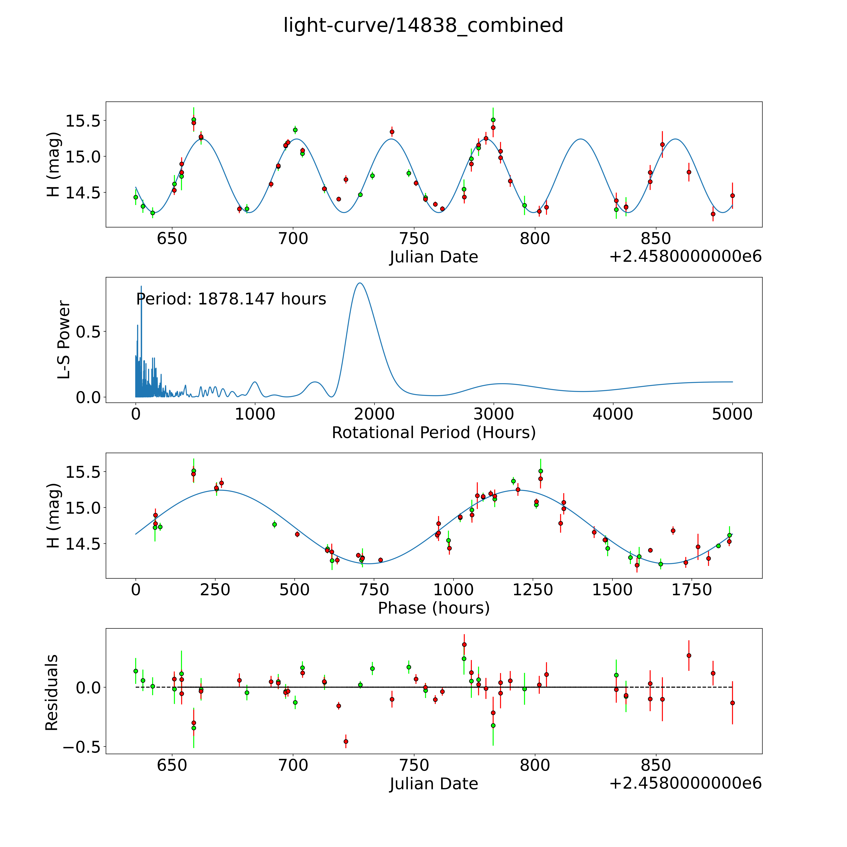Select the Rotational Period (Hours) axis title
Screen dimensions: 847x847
pyautogui.click(x=434, y=433)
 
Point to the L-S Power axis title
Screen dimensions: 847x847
pyautogui.click(x=64, y=340)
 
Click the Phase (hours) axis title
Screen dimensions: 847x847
pyautogui.click(x=434, y=608)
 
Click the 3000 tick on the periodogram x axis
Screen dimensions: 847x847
pyautogui.click(x=494, y=414)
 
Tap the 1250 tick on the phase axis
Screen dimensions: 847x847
pyautogui.click(x=533, y=590)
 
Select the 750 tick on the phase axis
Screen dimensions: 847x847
pyautogui.click(x=374, y=590)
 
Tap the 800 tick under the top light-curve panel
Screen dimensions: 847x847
pyautogui.click(x=535, y=239)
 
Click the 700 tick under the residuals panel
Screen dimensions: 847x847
pyautogui.click(x=293, y=765)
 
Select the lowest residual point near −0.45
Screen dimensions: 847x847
pyautogui.click(x=346, y=741)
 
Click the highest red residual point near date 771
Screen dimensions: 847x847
pyautogui.click(x=464, y=645)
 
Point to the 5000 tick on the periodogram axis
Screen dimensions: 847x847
pyautogui.click(x=732, y=414)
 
